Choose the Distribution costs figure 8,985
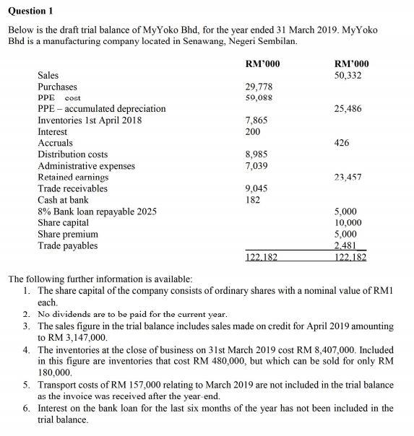pos(257,154)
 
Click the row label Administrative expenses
pos(86,166)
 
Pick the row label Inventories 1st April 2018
pos(90,121)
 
